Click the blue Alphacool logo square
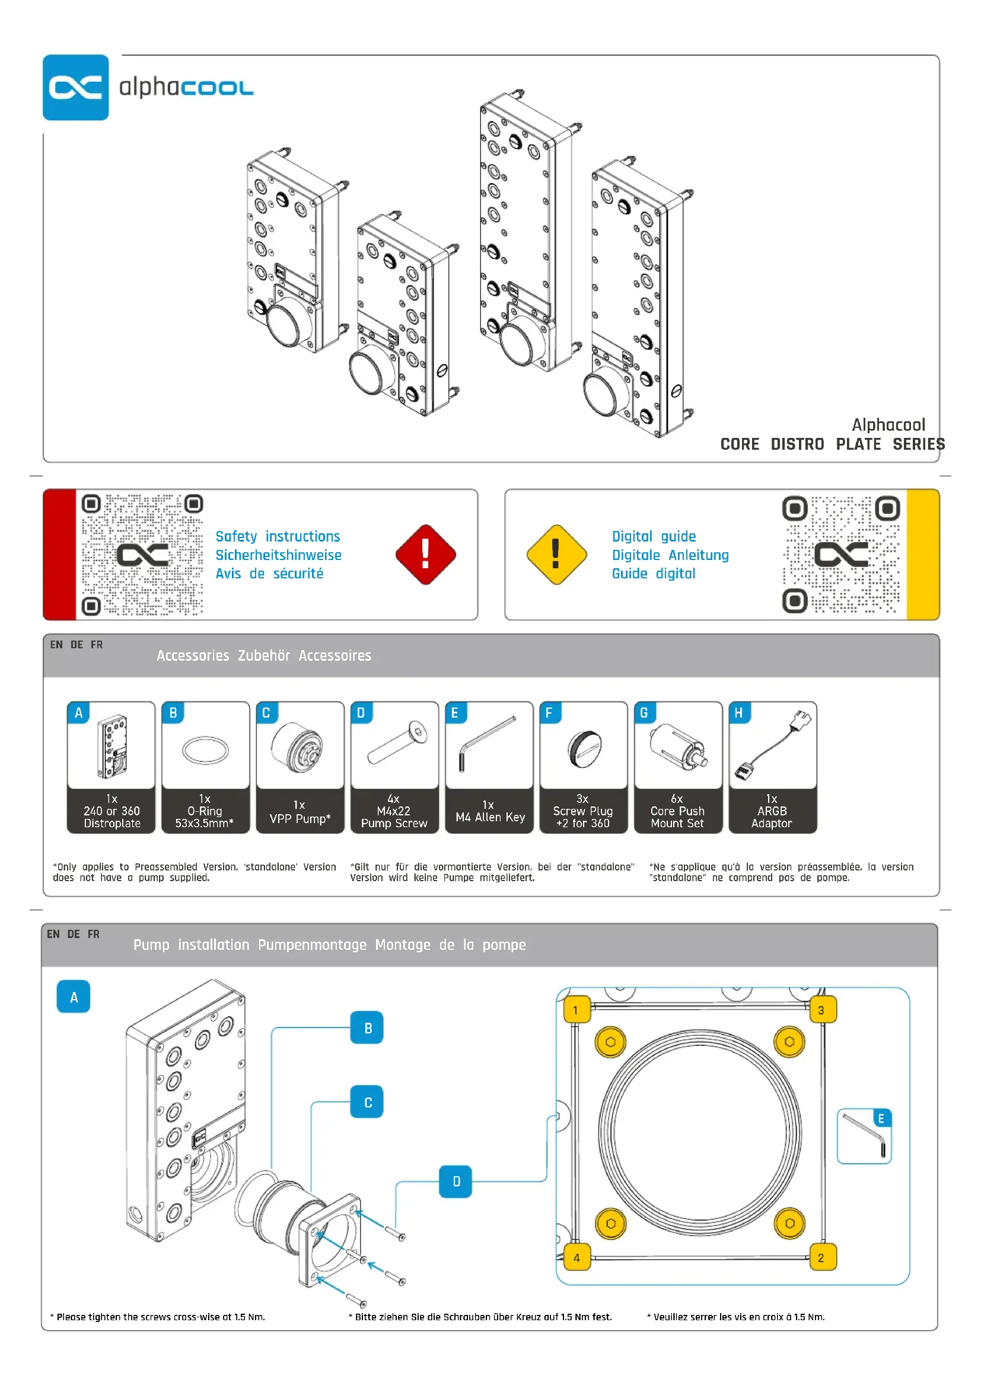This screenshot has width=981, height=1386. click(x=75, y=88)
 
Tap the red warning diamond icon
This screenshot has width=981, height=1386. click(x=425, y=554)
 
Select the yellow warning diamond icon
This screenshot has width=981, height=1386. click(x=556, y=554)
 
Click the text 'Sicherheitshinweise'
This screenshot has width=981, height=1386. click(x=279, y=555)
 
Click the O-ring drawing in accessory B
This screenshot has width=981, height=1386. click(x=205, y=750)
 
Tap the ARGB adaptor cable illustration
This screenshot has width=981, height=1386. click(x=773, y=744)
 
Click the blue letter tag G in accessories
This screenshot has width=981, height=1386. click(x=644, y=713)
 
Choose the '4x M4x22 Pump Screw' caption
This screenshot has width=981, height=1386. click(x=394, y=811)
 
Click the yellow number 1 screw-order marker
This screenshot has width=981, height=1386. click(x=577, y=1010)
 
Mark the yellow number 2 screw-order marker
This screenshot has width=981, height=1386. click(x=821, y=1258)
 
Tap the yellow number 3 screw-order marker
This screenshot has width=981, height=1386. click(x=821, y=1010)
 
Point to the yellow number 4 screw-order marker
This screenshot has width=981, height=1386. click(x=577, y=1258)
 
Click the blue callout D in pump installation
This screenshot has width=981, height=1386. click(x=456, y=1182)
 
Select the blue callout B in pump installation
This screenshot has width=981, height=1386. click(x=367, y=1028)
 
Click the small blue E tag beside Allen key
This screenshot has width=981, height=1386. click(x=881, y=1119)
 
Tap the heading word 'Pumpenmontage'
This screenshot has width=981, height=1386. click(x=312, y=945)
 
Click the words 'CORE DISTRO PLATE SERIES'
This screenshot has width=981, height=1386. click(x=832, y=444)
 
